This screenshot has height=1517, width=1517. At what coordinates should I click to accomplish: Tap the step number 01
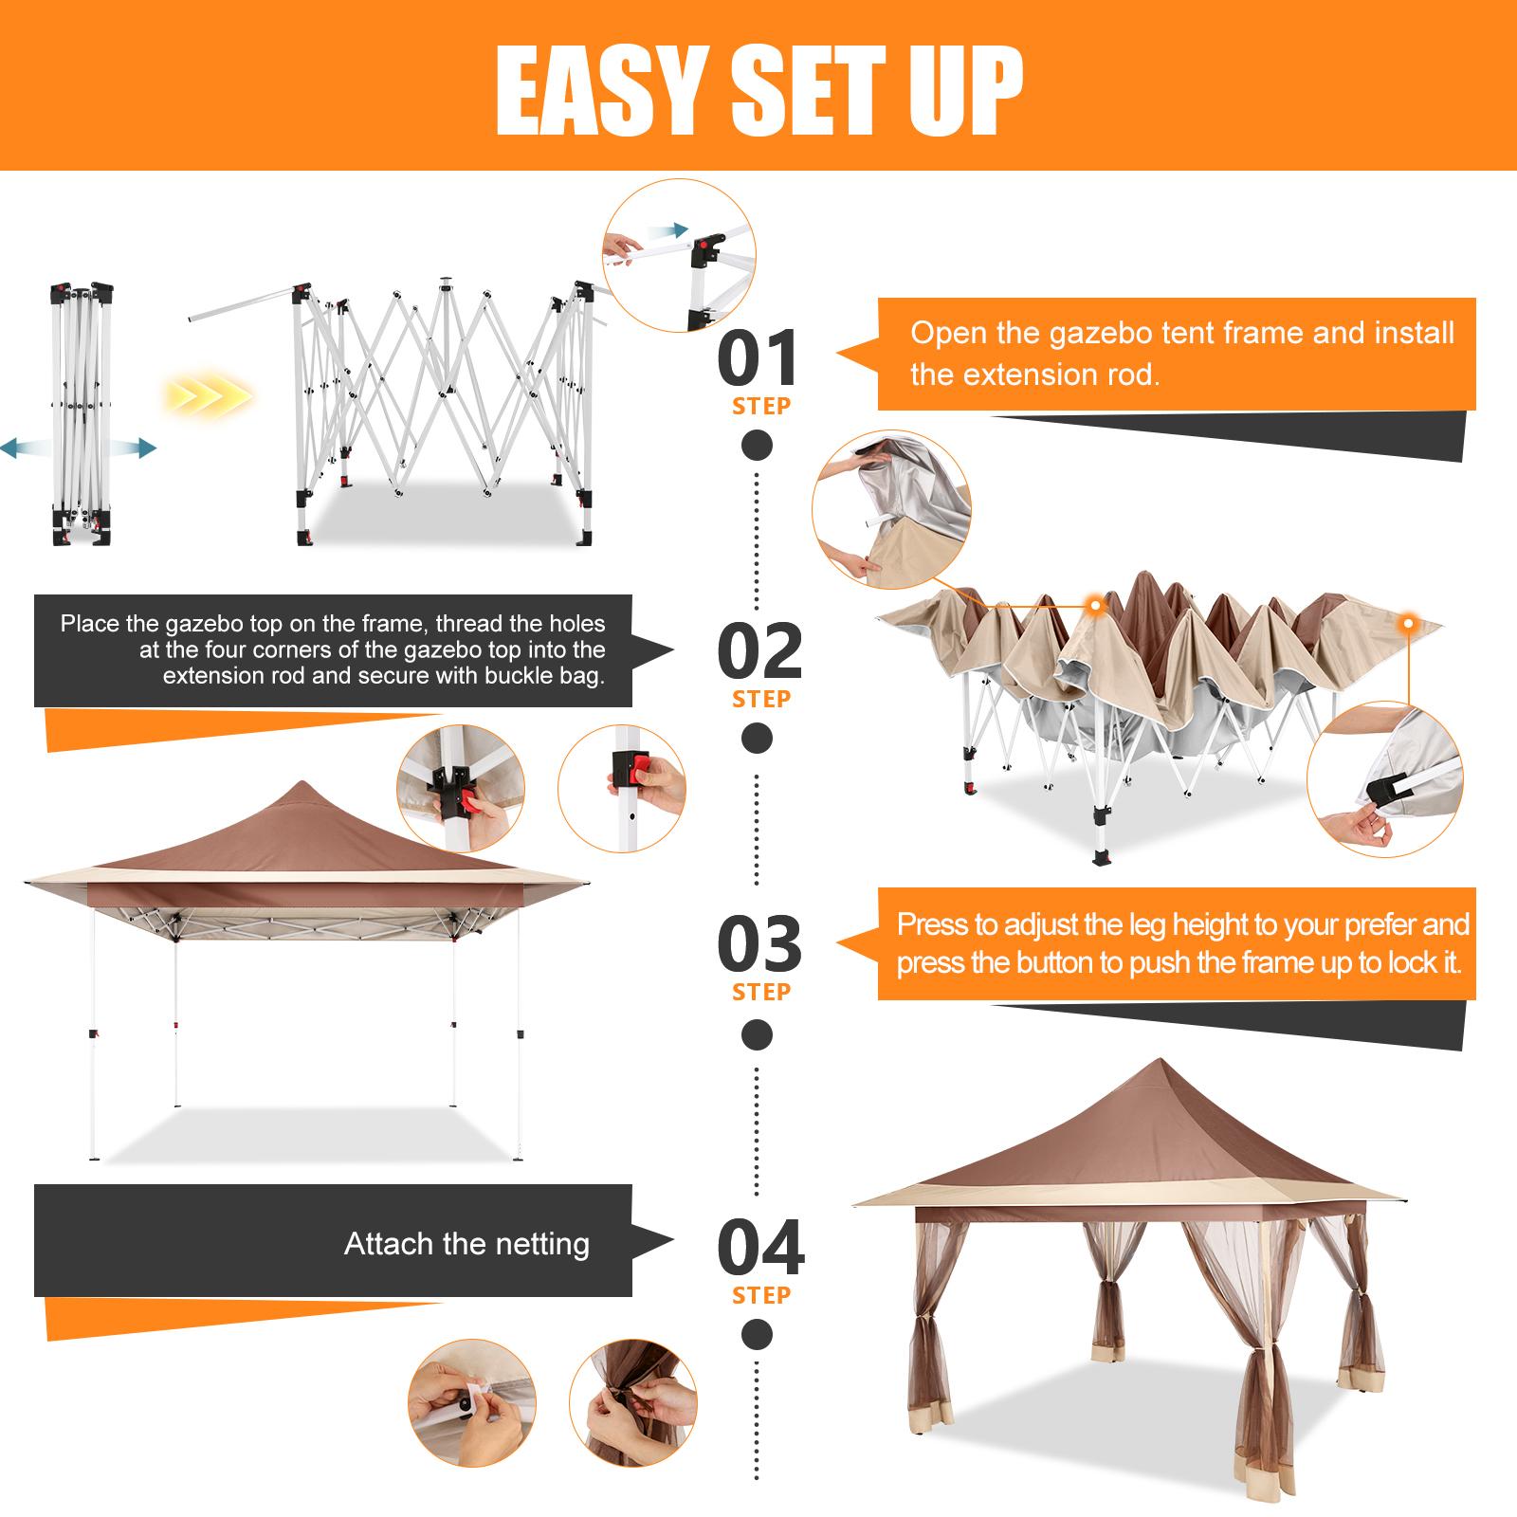pos(758,357)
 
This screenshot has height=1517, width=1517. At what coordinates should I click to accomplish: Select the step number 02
pos(759,651)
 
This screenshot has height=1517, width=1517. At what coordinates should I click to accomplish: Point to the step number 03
pos(759,944)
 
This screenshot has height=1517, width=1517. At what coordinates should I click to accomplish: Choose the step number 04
pos(760,1248)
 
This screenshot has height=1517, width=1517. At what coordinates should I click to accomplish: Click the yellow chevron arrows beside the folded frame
pos(207,393)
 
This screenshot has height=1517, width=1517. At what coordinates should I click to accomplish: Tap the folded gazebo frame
pos(82,413)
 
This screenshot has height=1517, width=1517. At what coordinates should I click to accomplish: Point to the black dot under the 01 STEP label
pos(757,445)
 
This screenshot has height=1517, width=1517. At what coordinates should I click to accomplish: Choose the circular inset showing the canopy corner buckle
pos(1385,779)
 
